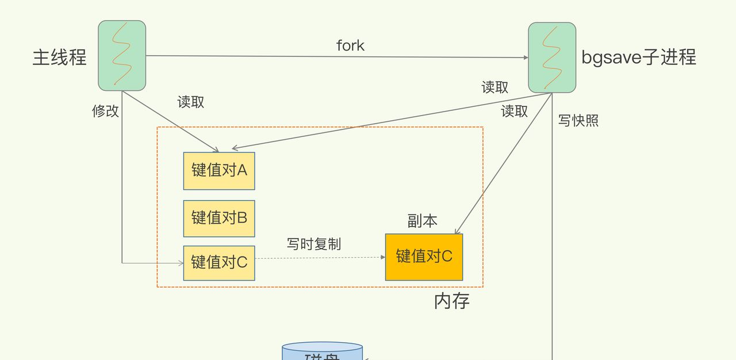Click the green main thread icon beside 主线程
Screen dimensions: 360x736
(122, 55)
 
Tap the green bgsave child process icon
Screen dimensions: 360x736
(552, 57)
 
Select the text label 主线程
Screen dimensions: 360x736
(59, 58)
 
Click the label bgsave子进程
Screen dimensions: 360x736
(639, 57)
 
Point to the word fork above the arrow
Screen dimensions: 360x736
(350, 45)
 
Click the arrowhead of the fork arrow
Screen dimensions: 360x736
(526, 57)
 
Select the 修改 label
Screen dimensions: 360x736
(106, 111)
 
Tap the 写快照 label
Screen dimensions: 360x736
(578, 121)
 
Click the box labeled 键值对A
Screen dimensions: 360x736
(219, 171)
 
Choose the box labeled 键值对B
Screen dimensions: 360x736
(219, 218)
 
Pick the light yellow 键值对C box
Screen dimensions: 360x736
(219, 262)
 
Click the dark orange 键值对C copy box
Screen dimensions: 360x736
(424, 256)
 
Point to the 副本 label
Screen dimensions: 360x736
(423, 221)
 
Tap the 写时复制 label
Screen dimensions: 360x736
(314, 244)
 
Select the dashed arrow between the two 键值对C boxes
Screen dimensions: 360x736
(320, 258)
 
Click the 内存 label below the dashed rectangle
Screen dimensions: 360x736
(452, 301)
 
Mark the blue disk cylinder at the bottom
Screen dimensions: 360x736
(323, 351)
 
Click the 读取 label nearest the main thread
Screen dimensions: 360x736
(191, 102)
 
